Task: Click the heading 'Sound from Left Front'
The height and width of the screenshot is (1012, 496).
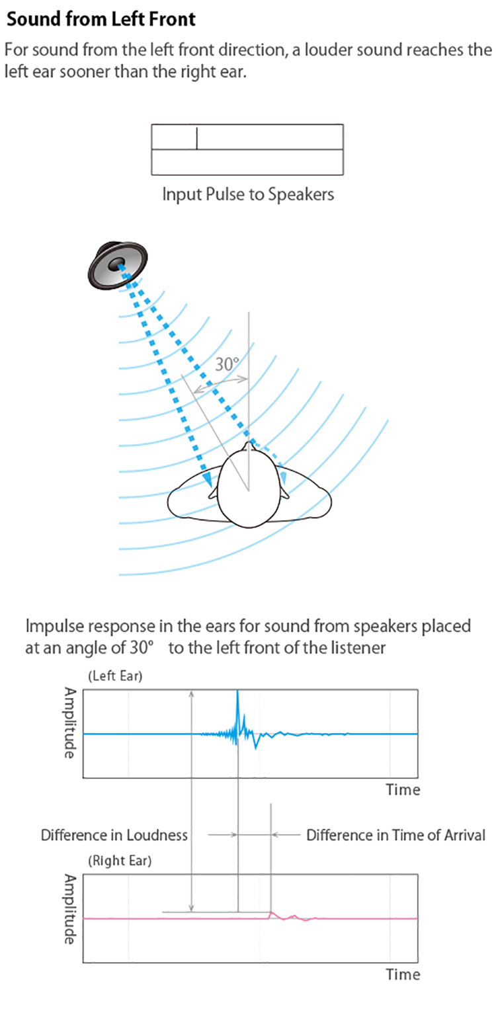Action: click(101, 19)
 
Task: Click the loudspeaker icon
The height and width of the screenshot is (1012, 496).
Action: click(118, 265)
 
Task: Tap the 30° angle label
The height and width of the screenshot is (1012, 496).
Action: click(227, 364)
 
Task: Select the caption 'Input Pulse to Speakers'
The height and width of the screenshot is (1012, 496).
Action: click(248, 194)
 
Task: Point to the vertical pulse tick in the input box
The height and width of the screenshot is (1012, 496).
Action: click(196, 138)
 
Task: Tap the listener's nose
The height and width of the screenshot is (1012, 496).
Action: click(248, 446)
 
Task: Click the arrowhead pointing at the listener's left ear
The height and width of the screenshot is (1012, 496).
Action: click(208, 480)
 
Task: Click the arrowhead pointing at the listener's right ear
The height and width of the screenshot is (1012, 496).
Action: click(284, 477)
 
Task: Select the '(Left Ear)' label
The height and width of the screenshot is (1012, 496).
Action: click(115, 676)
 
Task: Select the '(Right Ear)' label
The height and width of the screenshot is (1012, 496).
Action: click(119, 861)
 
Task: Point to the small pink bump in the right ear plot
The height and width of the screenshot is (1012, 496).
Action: click(272, 914)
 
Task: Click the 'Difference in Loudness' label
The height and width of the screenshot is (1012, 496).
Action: click(114, 835)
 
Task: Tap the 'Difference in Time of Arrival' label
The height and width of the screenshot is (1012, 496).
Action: click(395, 835)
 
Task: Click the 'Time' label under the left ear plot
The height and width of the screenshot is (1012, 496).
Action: click(403, 790)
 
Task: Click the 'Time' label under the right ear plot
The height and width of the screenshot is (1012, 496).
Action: click(403, 974)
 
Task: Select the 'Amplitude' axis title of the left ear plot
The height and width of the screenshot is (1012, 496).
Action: click(69, 723)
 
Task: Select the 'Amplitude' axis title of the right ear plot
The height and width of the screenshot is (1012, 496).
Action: click(69, 909)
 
